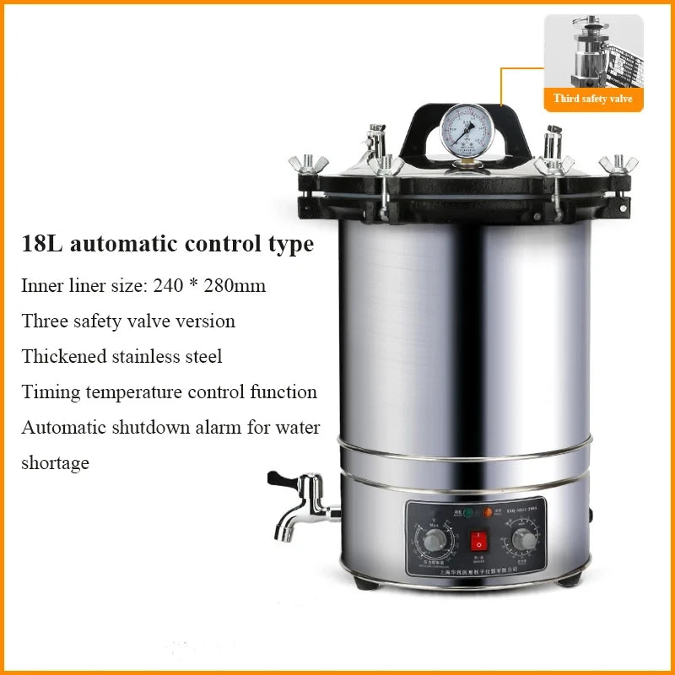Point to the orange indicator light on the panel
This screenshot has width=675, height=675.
(x=488, y=511)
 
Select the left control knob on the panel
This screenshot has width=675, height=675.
(x=436, y=539)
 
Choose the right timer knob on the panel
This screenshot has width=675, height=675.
(x=523, y=538)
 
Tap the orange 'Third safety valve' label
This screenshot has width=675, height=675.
(x=592, y=99)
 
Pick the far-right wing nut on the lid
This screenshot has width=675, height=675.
(x=618, y=163)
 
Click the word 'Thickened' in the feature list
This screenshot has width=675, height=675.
(x=64, y=357)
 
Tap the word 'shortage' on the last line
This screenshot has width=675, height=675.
(x=55, y=463)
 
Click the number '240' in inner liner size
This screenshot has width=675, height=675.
(x=169, y=286)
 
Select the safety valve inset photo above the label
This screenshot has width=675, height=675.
(x=592, y=50)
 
